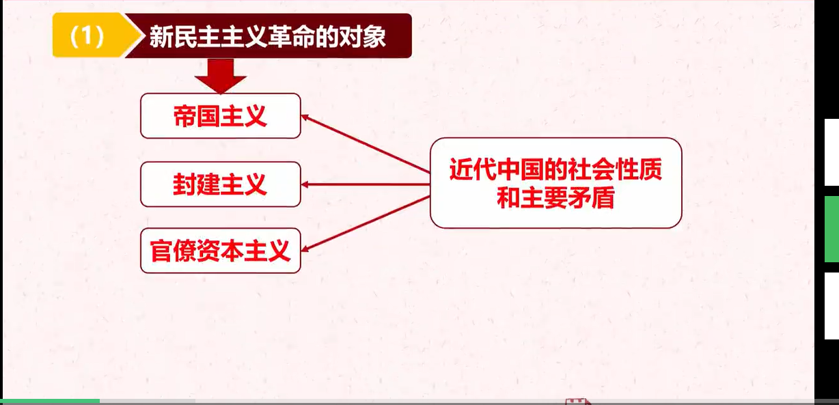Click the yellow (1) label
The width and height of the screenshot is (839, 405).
pyautogui.click(x=94, y=36)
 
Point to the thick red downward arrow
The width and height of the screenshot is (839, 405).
pyautogui.click(x=220, y=76)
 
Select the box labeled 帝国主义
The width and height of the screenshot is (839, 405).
pyautogui.click(x=221, y=115)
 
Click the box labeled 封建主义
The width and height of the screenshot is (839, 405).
pyautogui.click(x=221, y=184)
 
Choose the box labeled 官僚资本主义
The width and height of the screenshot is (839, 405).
pyautogui.click(x=221, y=251)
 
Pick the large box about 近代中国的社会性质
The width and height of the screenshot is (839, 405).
pyautogui.click(x=556, y=182)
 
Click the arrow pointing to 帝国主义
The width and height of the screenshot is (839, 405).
pyautogui.click(x=366, y=143)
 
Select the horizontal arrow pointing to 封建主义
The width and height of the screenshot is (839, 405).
pyautogui.click(x=366, y=184)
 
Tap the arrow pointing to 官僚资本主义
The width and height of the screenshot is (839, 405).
pyautogui.click(x=366, y=224)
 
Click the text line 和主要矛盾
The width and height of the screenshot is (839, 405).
pyautogui.click(x=556, y=197)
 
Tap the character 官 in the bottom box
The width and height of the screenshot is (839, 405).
pyautogui.click(x=161, y=251)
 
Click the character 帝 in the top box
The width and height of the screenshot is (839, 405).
pyautogui.click(x=184, y=116)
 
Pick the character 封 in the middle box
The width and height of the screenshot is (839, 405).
pyautogui.click(x=184, y=184)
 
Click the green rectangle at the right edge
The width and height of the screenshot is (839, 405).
pyautogui.click(x=832, y=229)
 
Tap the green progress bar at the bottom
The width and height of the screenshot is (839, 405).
pyautogui.click(x=50, y=402)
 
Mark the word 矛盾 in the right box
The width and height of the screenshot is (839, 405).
pyautogui.click(x=592, y=197)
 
